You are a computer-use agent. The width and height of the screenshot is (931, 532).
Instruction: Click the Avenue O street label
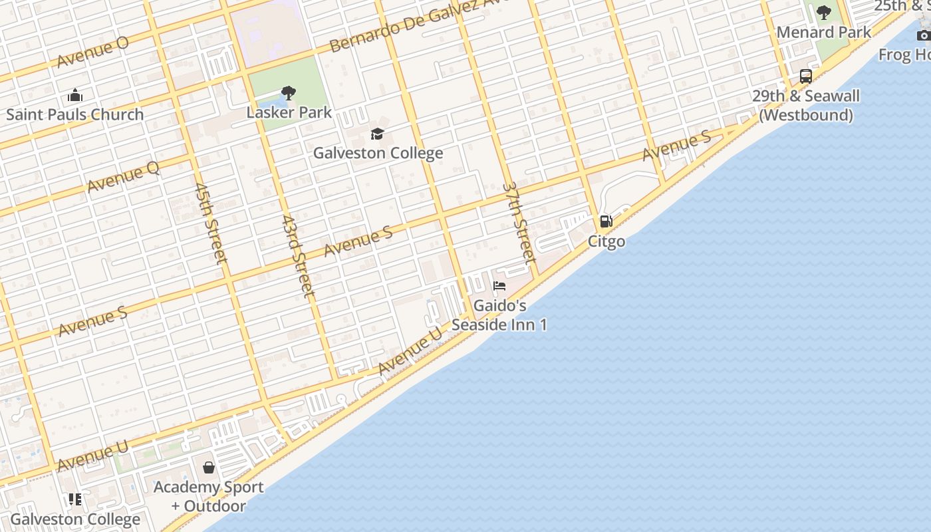pyautogui.click(x=93, y=52)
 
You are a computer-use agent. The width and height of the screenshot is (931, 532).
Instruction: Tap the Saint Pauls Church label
pyautogui.click(x=74, y=114)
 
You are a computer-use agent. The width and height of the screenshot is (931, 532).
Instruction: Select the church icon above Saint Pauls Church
pyautogui.click(x=75, y=95)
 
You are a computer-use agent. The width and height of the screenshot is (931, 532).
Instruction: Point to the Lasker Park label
pyautogui.click(x=289, y=112)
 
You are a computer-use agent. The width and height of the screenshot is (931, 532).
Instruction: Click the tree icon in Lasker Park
pyautogui.click(x=288, y=92)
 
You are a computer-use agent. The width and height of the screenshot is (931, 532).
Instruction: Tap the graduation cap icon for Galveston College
pyautogui.click(x=378, y=134)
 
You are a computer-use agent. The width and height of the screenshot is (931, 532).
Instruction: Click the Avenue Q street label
pyautogui.click(x=123, y=177)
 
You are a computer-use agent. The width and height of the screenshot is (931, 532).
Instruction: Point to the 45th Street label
pyautogui.click(x=211, y=223)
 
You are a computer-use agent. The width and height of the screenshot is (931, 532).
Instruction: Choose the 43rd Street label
pyautogui.click(x=297, y=255)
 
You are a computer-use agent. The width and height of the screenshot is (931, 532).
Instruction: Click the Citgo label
pyautogui.click(x=606, y=241)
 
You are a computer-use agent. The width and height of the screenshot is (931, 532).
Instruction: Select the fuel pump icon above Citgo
pyautogui.click(x=606, y=221)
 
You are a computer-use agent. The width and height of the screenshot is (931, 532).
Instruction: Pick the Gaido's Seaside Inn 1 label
pyautogui.click(x=499, y=315)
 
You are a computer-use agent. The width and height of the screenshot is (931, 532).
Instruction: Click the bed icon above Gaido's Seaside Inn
pyautogui.click(x=499, y=287)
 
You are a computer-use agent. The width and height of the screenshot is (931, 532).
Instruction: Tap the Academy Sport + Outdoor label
pyautogui.click(x=208, y=496)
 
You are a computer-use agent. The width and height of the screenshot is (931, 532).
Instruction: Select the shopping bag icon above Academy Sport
pyautogui.click(x=209, y=467)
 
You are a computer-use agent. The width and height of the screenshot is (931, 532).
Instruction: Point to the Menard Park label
pyautogui.click(x=823, y=32)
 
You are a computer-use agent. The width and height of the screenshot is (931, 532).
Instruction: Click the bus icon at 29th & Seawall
pyautogui.click(x=806, y=76)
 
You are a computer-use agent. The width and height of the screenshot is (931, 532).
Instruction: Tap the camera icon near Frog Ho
pyautogui.click(x=923, y=35)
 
